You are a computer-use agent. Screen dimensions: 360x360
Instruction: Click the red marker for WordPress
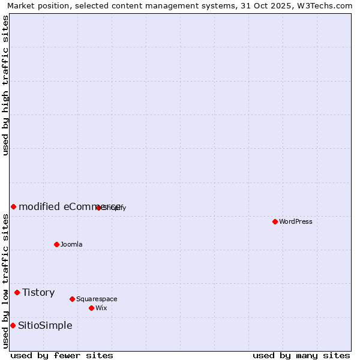[x=275, y=221]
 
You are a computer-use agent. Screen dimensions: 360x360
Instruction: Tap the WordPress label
[x=296, y=222]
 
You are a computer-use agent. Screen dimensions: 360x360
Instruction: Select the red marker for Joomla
[x=56, y=244]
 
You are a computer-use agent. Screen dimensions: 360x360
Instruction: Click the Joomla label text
[x=71, y=245]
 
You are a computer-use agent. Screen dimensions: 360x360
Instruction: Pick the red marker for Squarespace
[x=72, y=299]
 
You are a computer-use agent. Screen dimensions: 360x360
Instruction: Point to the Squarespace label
[x=97, y=299]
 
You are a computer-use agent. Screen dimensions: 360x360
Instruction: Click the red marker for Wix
[x=91, y=308]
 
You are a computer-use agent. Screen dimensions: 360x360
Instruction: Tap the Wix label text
[x=101, y=308]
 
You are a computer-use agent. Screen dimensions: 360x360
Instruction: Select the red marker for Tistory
[x=17, y=292]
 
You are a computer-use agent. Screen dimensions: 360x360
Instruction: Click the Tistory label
[x=38, y=293]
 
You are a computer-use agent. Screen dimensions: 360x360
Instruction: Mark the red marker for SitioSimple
[x=13, y=325]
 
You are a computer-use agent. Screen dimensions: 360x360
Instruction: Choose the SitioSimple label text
[x=45, y=326]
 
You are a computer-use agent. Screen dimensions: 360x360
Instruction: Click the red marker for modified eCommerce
[x=13, y=206]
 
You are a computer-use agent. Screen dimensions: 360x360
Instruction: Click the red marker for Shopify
[x=98, y=208]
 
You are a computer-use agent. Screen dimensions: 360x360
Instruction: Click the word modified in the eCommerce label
[x=38, y=207]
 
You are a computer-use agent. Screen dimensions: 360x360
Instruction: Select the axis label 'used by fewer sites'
[x=62, y=355]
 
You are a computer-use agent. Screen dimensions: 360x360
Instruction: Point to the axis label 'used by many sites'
[x=301, y=355]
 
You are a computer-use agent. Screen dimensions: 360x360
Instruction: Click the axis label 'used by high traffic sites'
[x=5, y=85]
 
